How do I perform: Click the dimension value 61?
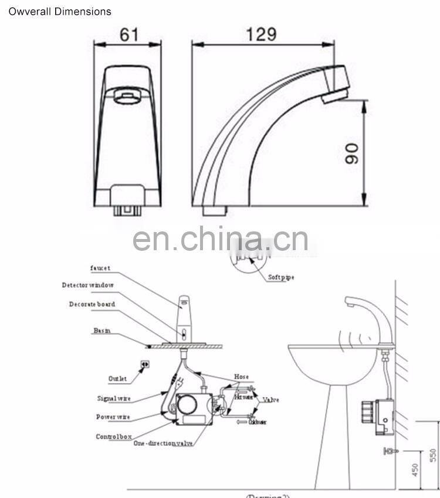(x=129, y=35)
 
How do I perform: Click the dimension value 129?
(x=262, y=34)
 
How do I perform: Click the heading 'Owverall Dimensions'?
(x=59, y=11)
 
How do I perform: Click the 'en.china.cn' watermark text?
(x=220, y=240)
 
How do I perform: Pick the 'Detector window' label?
(x=88, y=285)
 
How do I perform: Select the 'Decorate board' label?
(x=92, y=305)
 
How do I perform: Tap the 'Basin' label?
(x=101, y=331)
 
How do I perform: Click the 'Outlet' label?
(x=117, y=379)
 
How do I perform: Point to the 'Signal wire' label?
(x=114, y=399)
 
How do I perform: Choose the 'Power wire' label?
(x=113, y=417)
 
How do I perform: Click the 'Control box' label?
(x=113, y=437)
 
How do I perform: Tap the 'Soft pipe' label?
(x=281, y=277)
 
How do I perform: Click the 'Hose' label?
(x=241, y=377)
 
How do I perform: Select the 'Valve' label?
(x=271, y=400)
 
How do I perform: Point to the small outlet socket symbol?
(x=145, y=364)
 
